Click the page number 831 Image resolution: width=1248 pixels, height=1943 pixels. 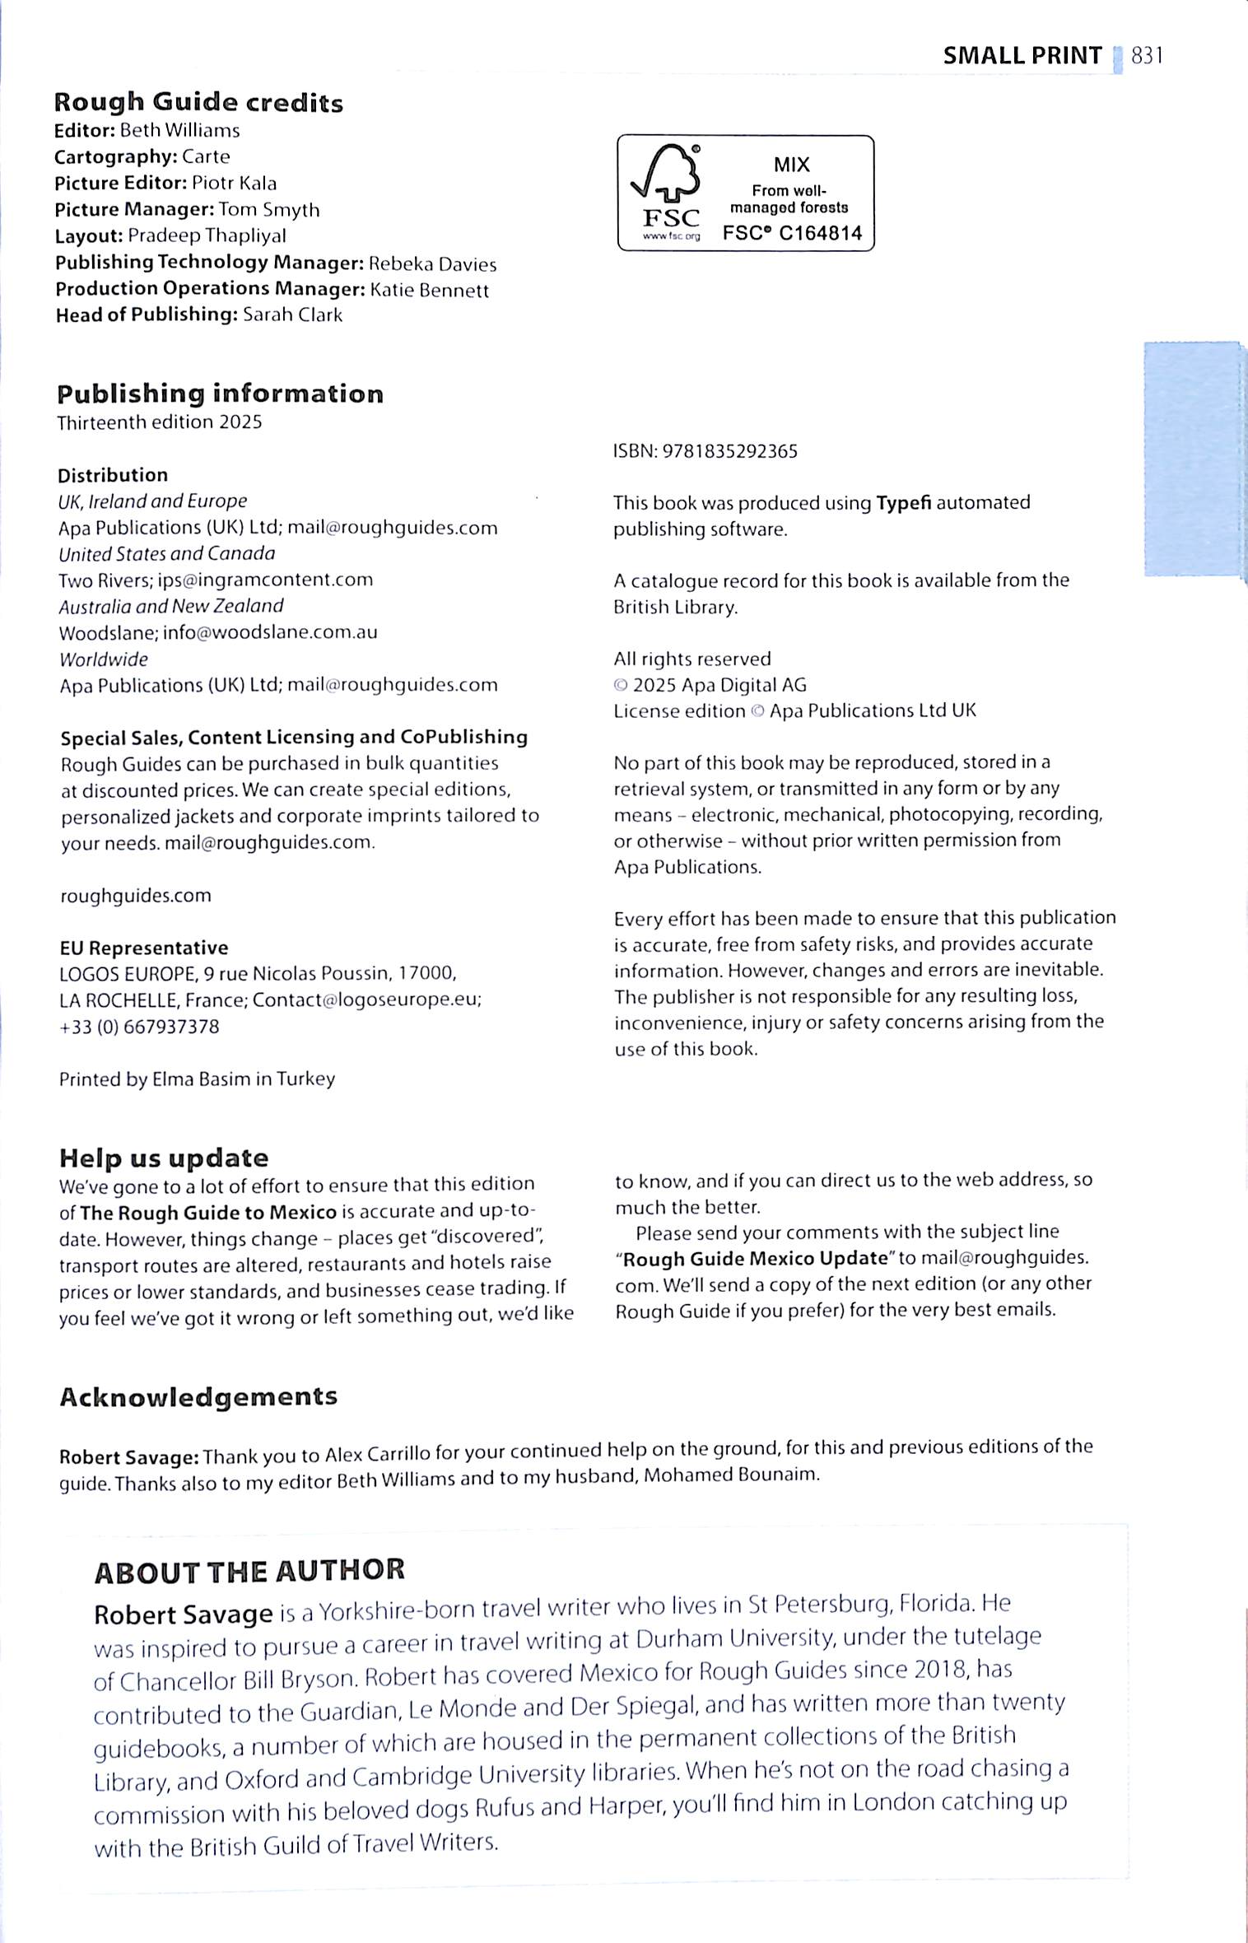click(1147, 56)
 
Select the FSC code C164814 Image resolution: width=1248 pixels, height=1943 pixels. click(820, 234)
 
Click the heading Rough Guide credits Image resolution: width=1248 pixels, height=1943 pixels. click(198, 103)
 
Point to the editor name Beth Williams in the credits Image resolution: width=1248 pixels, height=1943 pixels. click(179, 130)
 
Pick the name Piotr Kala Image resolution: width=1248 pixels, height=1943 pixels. click(234, 183)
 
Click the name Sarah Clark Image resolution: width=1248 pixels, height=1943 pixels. click(292, 315)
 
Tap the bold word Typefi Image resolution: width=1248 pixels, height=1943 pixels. click(903, 502)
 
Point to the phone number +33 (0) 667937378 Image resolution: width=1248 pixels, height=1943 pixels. click(139, 1027)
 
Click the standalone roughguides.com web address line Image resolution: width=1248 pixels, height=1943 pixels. click(136, 895)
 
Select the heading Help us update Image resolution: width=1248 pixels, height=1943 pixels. click(164, 1158)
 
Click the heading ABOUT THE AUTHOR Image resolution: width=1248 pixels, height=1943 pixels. click(249, 1571)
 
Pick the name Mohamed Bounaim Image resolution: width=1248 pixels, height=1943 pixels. click(731, 1475)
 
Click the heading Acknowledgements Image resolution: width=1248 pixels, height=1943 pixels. click(198, 1396)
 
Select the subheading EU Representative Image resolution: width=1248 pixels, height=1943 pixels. click(143, 948)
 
